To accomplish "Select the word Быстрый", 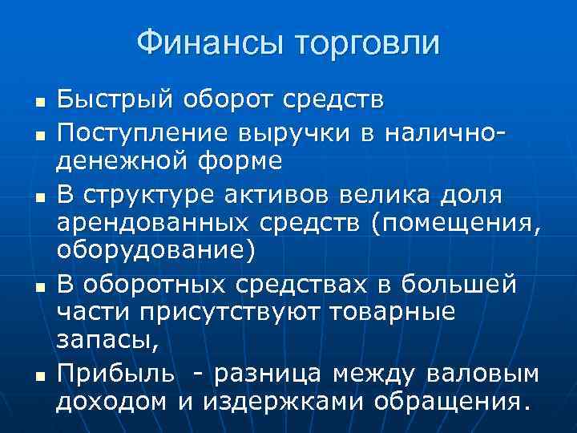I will [114, 101].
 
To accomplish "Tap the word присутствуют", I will [185, 313].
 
